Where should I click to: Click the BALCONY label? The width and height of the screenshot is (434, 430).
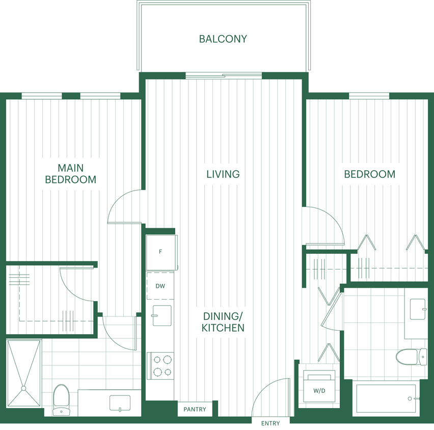223,39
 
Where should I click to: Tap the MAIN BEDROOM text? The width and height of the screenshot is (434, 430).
70,174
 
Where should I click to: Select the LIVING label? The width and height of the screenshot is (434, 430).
223,174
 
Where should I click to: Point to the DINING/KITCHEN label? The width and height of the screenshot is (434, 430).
223,321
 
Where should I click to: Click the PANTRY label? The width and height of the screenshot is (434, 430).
195,409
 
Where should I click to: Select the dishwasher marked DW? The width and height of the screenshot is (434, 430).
160,286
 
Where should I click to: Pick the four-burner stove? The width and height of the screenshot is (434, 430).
161,365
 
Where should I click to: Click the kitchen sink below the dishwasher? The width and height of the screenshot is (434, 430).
161,315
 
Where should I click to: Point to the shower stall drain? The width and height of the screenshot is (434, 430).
23,389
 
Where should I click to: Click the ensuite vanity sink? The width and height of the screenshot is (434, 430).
120,403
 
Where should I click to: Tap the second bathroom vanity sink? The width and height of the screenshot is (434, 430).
418,309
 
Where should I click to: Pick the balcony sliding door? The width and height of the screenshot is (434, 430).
224,76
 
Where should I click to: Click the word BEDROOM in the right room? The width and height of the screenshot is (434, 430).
369,174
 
